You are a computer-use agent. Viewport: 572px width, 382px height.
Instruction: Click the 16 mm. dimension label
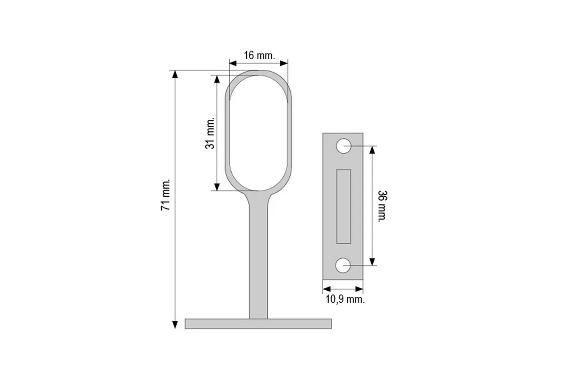(259, 55)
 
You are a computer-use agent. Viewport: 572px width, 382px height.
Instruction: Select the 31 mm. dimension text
(210, 133)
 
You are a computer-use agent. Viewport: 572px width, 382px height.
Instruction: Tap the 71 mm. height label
(165, 195)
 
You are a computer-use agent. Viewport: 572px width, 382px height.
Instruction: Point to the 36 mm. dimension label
(382, 206)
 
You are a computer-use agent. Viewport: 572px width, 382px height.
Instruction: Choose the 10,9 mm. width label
(345, 299)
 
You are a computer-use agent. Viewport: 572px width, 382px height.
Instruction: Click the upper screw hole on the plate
(344, 146)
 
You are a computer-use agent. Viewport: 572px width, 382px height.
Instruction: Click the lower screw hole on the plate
(343, 265)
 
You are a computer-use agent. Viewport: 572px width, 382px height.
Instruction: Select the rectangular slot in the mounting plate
(344, 206)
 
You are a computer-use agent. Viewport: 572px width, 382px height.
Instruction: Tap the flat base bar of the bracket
(258, 324)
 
